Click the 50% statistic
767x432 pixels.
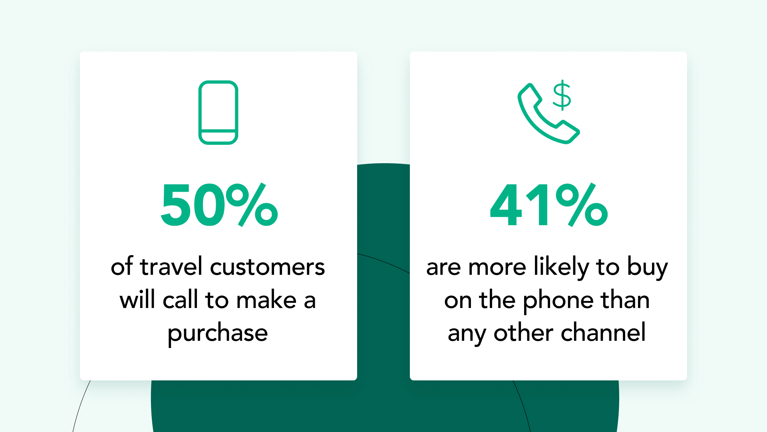(219, 205)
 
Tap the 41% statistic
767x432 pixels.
(549, 205)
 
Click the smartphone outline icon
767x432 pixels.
(219, 112)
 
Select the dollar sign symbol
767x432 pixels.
(562, 95)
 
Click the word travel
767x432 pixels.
(171, 266)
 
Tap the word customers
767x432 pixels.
(267, 267)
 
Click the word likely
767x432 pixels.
(561, 267)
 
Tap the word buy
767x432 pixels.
(648, 267)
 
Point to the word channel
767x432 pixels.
(603, 332)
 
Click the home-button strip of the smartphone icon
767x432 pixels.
(219, 137)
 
